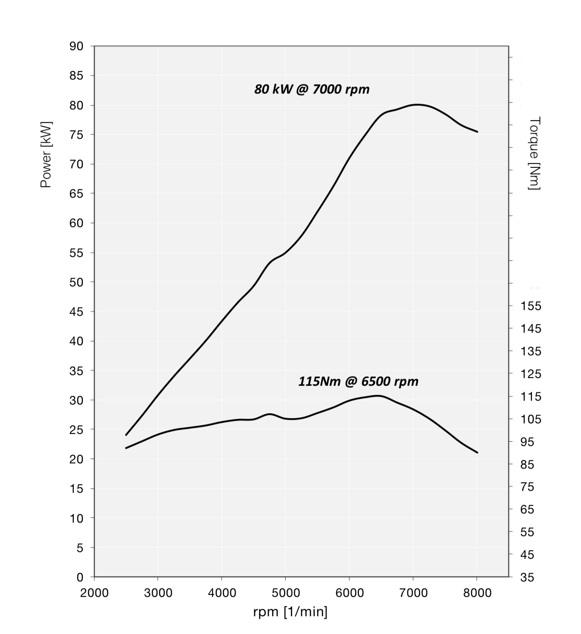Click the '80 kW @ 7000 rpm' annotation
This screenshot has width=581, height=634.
click(x=312, y=89)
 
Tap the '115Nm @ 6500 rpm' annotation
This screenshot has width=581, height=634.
click(x=358, y=381)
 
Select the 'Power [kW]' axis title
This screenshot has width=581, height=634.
click(x=46, y=154)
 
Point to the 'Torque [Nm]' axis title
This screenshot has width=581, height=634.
click(x=534, y=153)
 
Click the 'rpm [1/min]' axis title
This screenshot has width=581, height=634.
click(x=290, y=612)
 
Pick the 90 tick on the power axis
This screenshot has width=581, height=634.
click(x=77, y=46)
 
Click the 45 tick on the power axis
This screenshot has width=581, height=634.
click(x=77, y=312)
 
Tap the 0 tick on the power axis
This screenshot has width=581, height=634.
click(x=80, y=577)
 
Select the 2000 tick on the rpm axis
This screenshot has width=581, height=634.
click(x=94, y=593)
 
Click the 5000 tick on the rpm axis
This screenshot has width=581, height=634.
click(x=286, y=593)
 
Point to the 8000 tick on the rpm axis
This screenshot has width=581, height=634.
click(x=477, y=593)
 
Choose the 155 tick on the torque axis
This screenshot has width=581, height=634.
click(x=531, y=306)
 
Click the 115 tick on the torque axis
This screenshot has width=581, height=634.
click(x=531, y=397)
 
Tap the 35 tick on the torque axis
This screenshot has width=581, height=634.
click(x=528, y=577)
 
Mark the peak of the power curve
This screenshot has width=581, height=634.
click(x=417, y=104)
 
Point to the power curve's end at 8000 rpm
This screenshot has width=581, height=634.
click(x=477, y=132)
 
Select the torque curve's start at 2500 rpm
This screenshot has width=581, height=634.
click(x=126, y=448)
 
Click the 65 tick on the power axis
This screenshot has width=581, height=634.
click(x=77, y=194)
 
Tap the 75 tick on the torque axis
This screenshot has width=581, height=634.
click(x=528, y=487)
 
